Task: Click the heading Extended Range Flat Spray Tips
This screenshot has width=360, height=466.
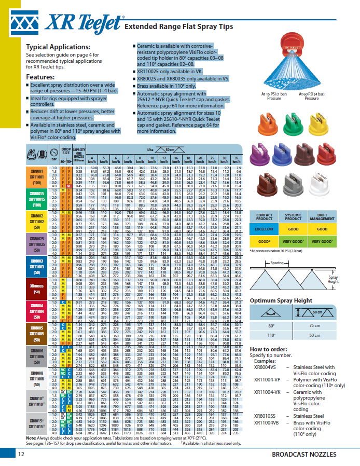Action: point(178,26)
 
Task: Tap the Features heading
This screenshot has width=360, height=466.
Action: point(40,77)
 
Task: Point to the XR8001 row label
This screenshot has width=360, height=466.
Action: point(36,169)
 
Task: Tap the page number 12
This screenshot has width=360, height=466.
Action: point(21,455)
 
